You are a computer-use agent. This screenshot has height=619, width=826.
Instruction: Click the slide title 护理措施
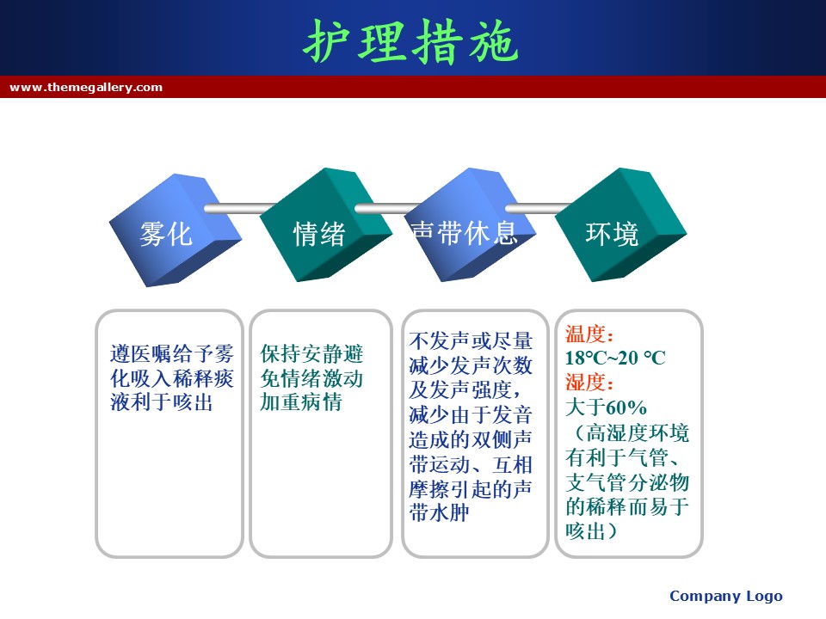point(411,42)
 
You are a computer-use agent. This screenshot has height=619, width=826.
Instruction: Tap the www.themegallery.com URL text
point(86,87)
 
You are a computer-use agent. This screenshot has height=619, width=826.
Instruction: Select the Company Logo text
point(726,596)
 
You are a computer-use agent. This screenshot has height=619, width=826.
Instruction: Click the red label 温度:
point(589,334)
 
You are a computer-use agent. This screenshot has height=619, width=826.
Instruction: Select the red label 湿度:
point(589,383)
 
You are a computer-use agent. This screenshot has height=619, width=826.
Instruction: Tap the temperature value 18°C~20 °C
point(615,359)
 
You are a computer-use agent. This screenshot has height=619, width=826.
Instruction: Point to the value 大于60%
point(606,408)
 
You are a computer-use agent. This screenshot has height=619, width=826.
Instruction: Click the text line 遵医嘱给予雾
point(172,353)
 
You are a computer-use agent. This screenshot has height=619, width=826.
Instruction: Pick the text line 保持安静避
point(311,353)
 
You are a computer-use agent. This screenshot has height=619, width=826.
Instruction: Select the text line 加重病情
point(301,402)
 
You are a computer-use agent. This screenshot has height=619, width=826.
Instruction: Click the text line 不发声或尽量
point(471,341)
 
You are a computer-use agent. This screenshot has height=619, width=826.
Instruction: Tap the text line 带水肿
point(440,512)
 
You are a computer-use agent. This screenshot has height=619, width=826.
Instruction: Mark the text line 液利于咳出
point(162,402)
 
